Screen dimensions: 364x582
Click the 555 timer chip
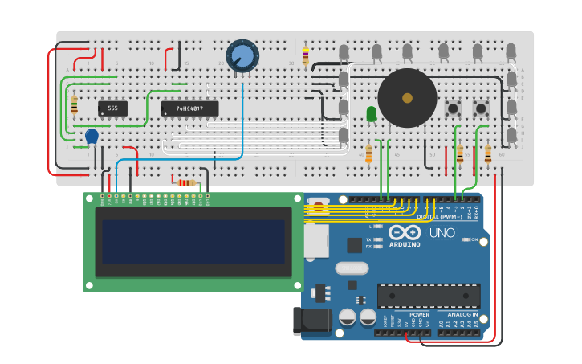(x=112, y=108)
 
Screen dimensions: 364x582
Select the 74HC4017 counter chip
(x=189, y=108)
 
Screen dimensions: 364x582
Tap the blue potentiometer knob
(x=242, y=55)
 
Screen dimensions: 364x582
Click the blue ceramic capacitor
(x=92, y=137)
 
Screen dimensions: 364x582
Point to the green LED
(x=371, y=114)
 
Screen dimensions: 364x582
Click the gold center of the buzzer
(x=407, y=98)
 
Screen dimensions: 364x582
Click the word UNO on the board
(x=442, y=233)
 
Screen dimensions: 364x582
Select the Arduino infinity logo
(x=405, y=233)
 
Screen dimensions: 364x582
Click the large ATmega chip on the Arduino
(x=429, y=296)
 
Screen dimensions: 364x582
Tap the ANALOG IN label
(x=462, y=315)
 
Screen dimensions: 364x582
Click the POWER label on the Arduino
(x=419, y=315)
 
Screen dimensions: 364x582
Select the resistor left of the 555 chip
(x=75, y=105)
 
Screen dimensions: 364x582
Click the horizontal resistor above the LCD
(x=186, y=182)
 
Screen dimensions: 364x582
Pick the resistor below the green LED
(x=368, y=153)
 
